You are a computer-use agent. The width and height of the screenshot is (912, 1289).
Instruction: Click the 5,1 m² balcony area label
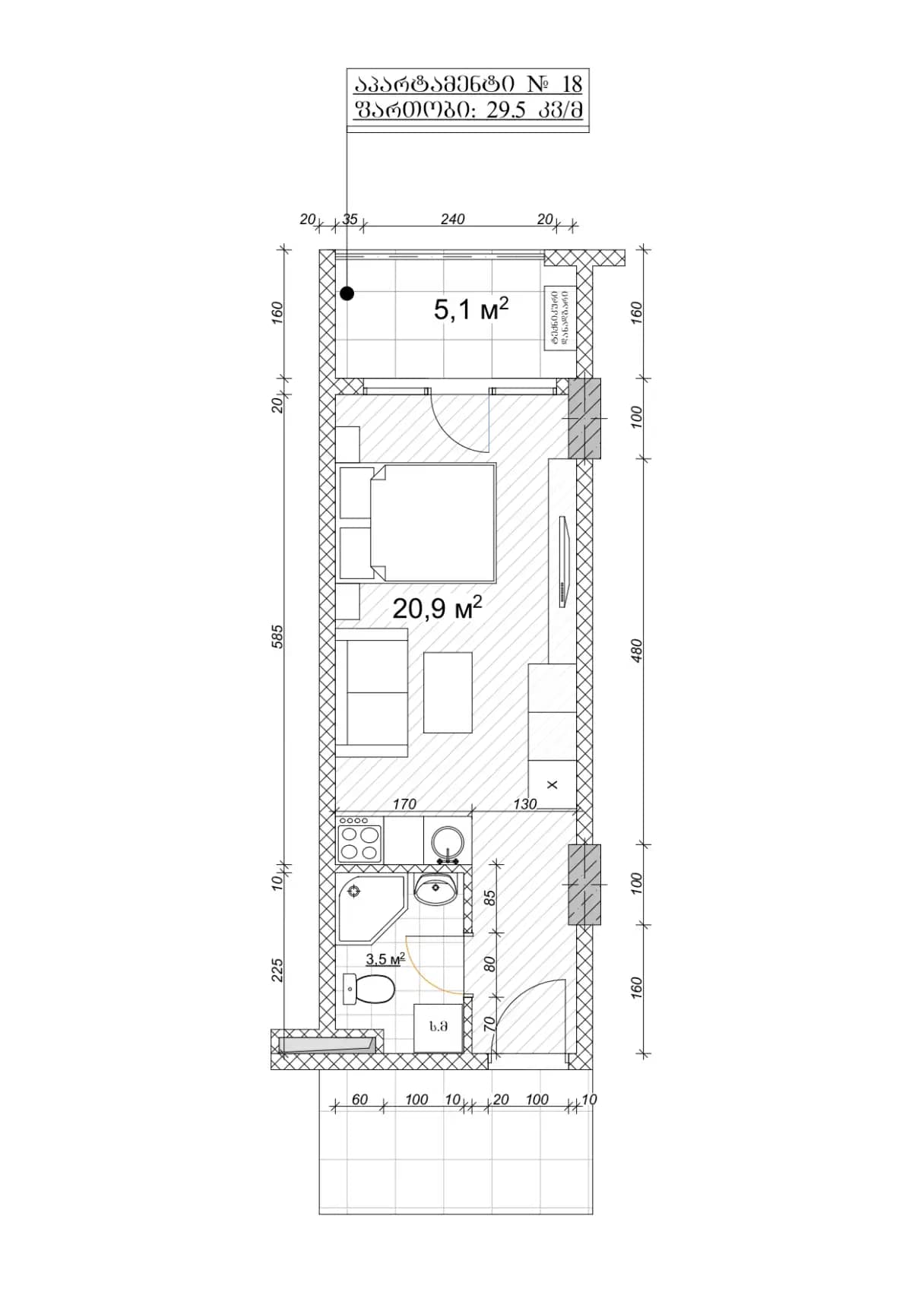click(x=470, y=309)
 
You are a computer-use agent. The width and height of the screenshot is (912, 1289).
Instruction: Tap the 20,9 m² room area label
click(x=437, y=608)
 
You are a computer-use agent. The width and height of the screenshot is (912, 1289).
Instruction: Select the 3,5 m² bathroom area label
click(x=385, y=959)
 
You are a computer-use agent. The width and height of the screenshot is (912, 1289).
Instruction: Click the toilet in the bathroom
click(x=371, y=990)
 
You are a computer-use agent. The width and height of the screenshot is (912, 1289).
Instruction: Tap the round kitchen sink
click(x=448, y=843)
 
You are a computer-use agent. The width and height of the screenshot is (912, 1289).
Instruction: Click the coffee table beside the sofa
click(x=448, y=692)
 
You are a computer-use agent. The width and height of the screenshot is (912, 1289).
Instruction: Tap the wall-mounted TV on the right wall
click(x=563, y=562)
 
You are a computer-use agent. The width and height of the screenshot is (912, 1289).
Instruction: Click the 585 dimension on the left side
click(x=277, y=637)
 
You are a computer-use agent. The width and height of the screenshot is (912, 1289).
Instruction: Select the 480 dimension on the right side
click(x=637, y=651)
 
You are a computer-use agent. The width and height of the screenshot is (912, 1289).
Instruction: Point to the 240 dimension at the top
click(x=452, y=219)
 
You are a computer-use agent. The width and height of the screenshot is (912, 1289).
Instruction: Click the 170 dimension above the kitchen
click(x=404, y=803)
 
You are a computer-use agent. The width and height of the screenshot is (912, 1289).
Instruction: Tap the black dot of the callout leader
click(x=347, y=293)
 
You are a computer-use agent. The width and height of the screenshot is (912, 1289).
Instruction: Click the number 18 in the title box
click(x=572, y=84)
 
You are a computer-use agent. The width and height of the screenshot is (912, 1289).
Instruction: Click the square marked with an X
click(x=552, y=784)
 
